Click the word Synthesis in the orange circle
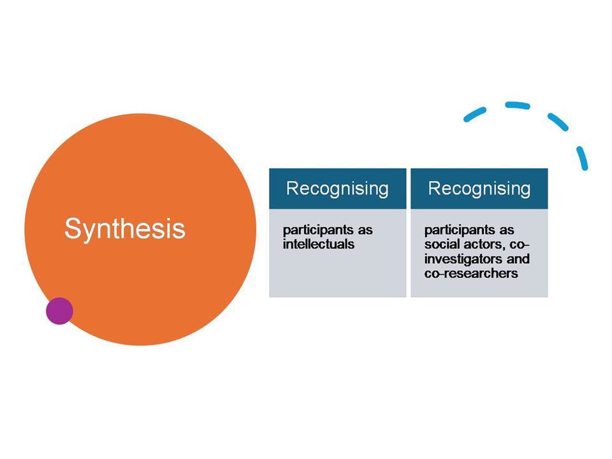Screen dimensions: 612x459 point(125,229)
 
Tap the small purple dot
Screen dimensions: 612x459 point(59,311)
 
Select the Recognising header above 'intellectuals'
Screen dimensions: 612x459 point(337,189)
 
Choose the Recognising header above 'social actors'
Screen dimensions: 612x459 point(479,189)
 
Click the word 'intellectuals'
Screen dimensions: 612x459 point(319,244)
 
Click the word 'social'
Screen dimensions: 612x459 point(441,244)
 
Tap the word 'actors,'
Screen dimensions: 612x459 point(484,245)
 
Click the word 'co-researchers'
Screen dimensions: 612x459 point(471,273)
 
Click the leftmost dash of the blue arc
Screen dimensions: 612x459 point(474,114)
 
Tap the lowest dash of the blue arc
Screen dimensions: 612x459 point(582,158)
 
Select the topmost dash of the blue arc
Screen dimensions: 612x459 point(518,105)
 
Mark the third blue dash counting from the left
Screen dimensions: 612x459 point(558,122)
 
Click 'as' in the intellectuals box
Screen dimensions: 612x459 point(365,231)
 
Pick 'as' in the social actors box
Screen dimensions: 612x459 point(507,231)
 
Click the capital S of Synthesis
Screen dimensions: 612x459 point(73,229)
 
